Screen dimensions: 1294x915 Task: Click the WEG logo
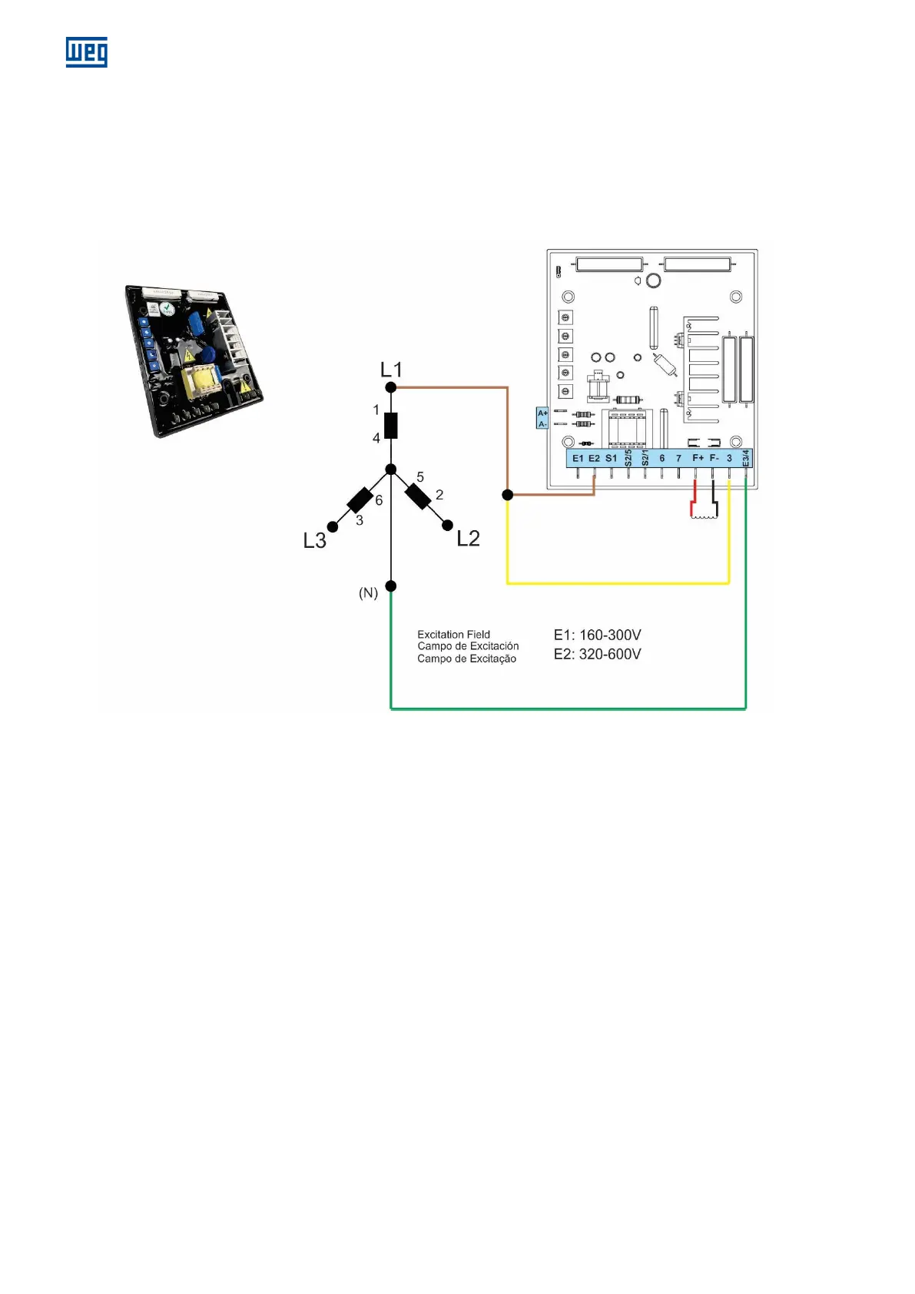coord(86,52)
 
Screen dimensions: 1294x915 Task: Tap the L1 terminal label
coord(391,370)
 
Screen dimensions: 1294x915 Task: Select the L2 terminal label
coord(468,538)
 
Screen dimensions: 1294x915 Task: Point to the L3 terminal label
coord(315,541)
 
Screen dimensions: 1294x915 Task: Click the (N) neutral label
coord(369,593)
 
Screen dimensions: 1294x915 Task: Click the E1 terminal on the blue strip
coord(578,459)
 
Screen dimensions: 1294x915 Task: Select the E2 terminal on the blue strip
coord(595,459)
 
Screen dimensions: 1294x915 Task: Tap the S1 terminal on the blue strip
coord(612,459)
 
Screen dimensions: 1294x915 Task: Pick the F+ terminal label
coord(698,459)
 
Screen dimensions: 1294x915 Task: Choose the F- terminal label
coord(714,459)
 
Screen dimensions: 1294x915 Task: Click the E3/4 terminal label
coord(746,459)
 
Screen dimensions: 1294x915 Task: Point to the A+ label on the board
coord(542,413)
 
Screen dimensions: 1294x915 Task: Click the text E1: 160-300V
coord(597,635)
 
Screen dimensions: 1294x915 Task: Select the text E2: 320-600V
coord(597,655)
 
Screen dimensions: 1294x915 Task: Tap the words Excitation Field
coord(453,635)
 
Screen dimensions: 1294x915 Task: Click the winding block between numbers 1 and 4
coord(391,425)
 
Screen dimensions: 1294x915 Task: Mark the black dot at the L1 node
coord(391,387)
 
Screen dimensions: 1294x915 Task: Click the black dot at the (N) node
coord(391,586)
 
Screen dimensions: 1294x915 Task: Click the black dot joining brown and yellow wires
coord(507,495)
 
